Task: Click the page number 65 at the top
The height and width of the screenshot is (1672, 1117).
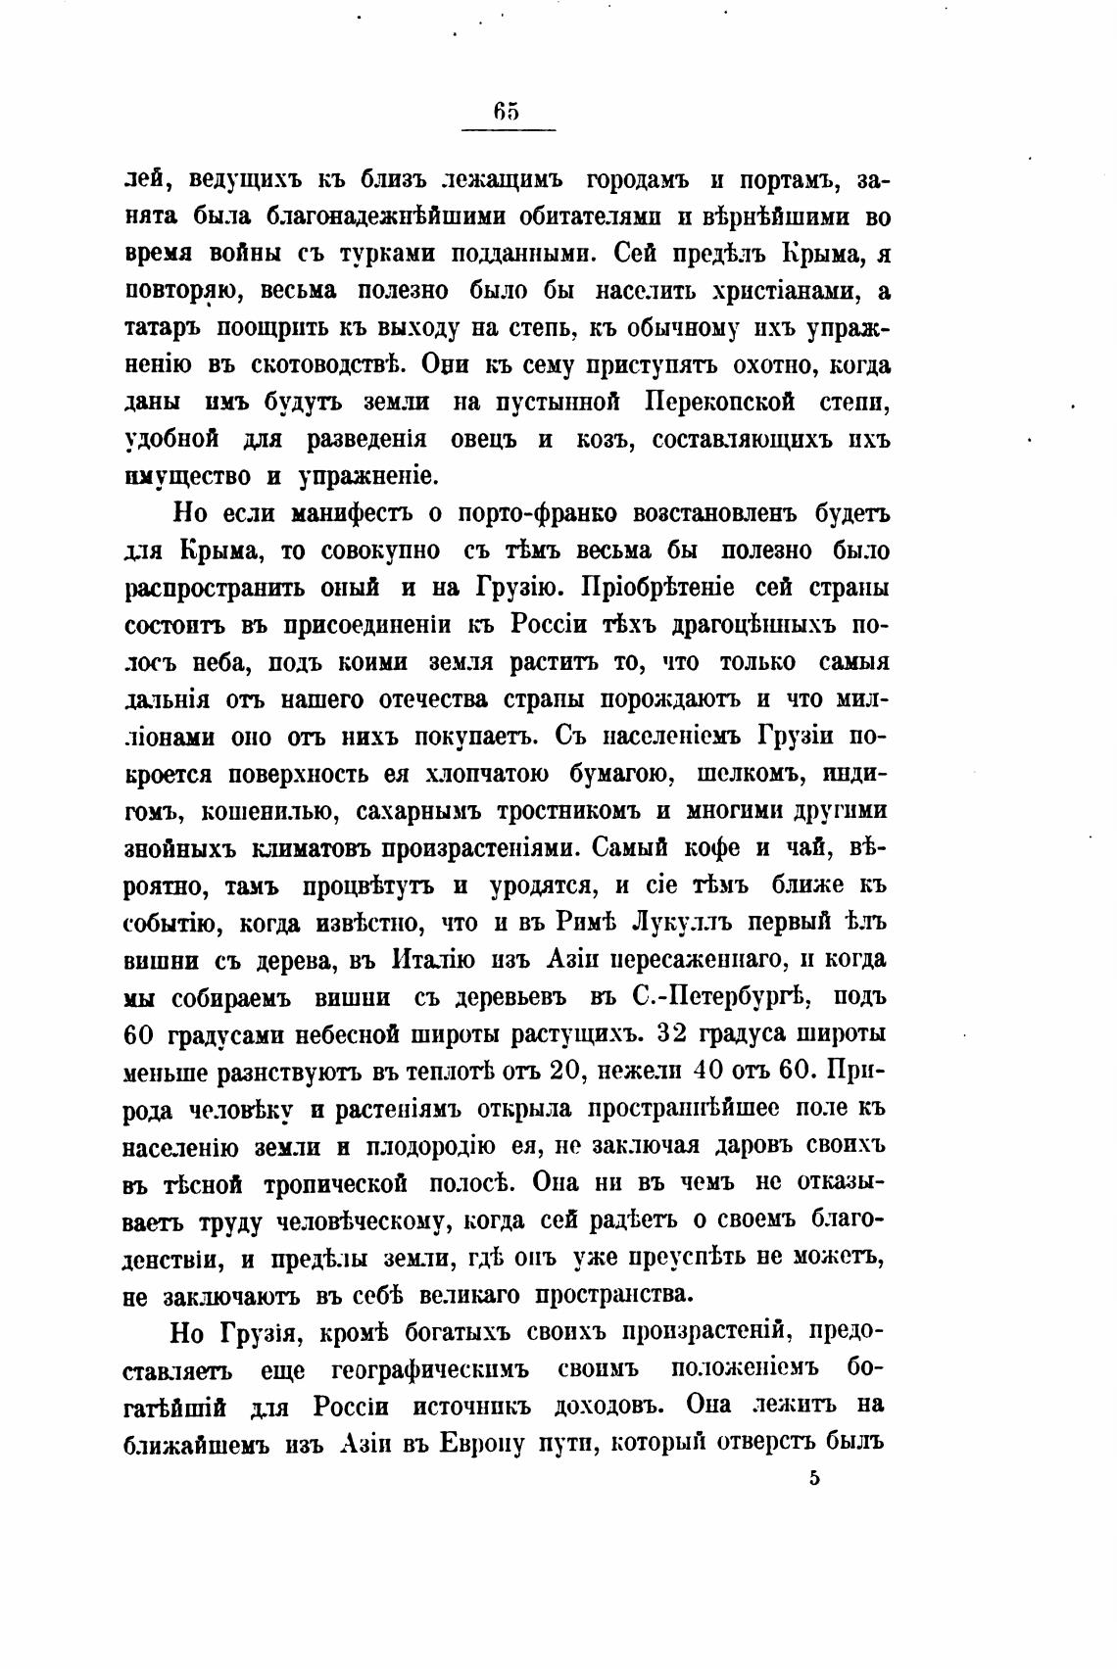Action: coord(507,112)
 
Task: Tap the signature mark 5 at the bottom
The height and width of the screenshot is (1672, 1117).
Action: coord(814,1479)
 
